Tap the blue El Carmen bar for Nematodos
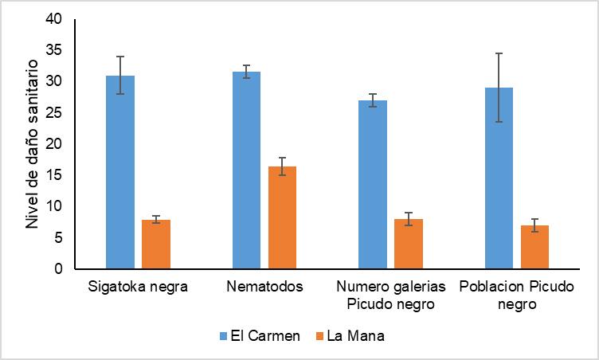click(x=246, y=170)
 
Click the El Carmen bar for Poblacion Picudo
click(x=499, y=178)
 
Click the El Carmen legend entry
click(x=260, y=335)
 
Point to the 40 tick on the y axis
click(x=55, y=19)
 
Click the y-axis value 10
click(x=55, y=206)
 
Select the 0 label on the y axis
click(x=59, y=269)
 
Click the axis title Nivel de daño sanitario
click(x=32, y=143)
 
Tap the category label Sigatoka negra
click(x=138, y=288)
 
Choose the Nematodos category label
click(x=264, y=288)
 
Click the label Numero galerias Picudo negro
click(x=390, y=295)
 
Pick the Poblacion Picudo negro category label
click(x=517, y=295)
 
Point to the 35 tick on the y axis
click(x=55, y=50)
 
